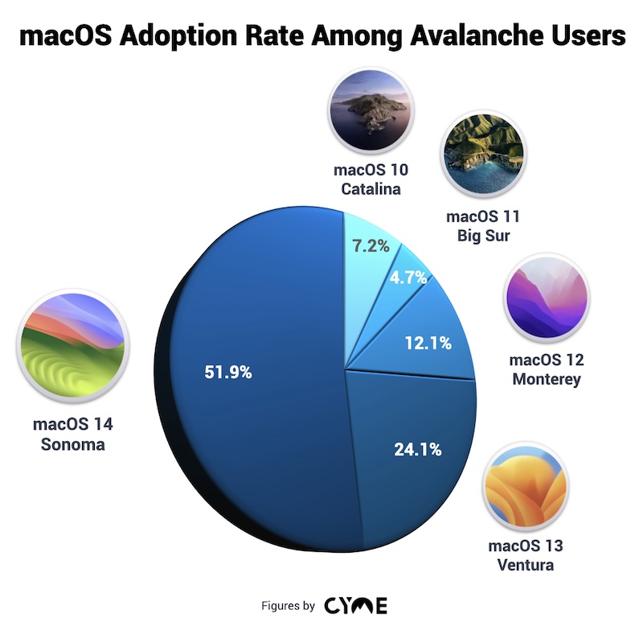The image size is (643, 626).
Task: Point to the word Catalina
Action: tap(371, 189)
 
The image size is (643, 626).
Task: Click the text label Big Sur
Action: tap(484, 234)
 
